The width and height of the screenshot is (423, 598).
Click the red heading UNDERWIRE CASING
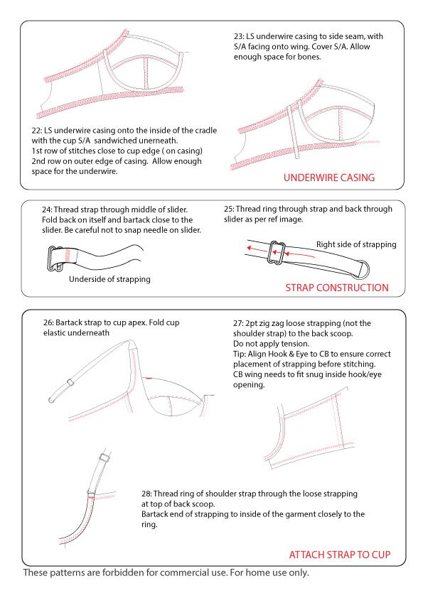point(328,178)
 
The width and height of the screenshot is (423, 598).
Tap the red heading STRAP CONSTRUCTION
point(336,288)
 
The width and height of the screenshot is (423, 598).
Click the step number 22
point(37,131)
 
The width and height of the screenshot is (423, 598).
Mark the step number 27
point(239,322)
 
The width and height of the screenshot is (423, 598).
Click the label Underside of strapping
point(109,279)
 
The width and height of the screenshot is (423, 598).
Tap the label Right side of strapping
point(356,244)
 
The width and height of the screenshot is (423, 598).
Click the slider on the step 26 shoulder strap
point(70,383)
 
